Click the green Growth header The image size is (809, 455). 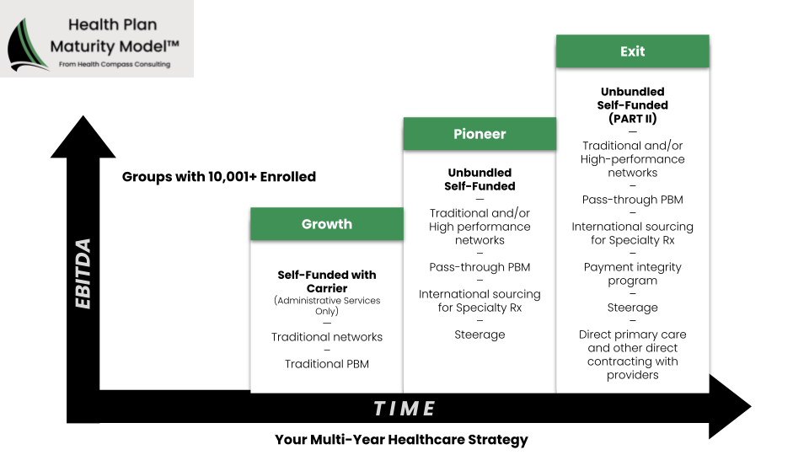327,224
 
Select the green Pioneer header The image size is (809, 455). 480,134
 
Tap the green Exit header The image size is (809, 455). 633,51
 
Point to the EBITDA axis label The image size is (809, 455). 83,273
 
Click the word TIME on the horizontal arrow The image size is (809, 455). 404,409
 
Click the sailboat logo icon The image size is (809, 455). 26,45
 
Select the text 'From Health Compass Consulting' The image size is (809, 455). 115,65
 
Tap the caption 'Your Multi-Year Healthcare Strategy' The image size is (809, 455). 401,440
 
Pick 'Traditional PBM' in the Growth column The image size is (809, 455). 327,364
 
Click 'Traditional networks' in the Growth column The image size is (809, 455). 327,337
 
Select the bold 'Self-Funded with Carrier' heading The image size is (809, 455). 327,281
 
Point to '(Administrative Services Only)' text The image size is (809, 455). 327,305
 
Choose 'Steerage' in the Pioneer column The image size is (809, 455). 480,335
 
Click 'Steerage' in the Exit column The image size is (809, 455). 633,308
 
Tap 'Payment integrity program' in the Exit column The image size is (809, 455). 633,274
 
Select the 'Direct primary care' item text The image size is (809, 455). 633,335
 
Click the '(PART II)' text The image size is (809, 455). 633,119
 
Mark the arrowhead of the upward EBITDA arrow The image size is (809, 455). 83,136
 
